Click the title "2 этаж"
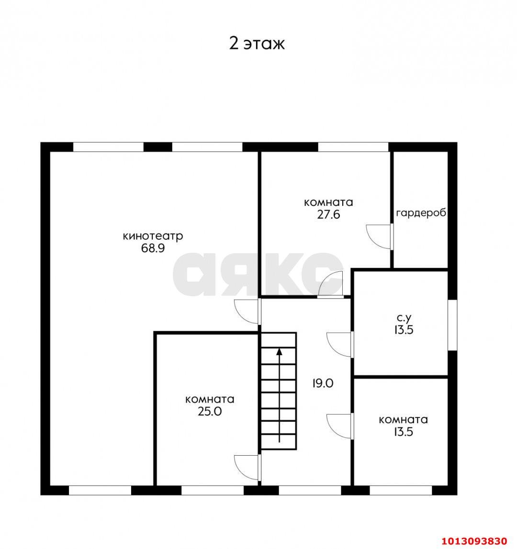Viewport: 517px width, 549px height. click(x=257, y=44)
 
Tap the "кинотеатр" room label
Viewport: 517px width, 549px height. click(x=153, y=236)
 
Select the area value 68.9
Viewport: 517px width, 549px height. click(x=153, y=248)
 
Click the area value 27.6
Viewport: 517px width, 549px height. click(x=328, y=214)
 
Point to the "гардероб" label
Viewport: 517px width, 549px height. click(x=421, y=213)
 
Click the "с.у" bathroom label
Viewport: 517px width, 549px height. click(x=404, y=318)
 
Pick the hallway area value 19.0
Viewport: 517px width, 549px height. click(x=323, y=383)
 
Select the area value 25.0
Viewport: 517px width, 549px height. click(x=210, y=412)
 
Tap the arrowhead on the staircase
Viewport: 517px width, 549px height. click(x=279, y=351)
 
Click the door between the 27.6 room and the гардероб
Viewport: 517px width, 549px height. click(x=379, y=236)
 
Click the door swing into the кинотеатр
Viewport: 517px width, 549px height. click(x=247, y=312)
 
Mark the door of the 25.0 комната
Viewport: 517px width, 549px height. click(x=247, y=468)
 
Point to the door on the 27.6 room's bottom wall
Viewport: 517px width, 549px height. click(x=331, y=284)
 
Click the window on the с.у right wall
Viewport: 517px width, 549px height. click(x=452, y=325)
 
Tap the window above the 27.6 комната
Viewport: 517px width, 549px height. click(x=353, y=147)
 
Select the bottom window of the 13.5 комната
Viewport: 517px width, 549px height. click(x=401, y=490)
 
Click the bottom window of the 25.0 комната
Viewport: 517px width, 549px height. click(x=212, y=490)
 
